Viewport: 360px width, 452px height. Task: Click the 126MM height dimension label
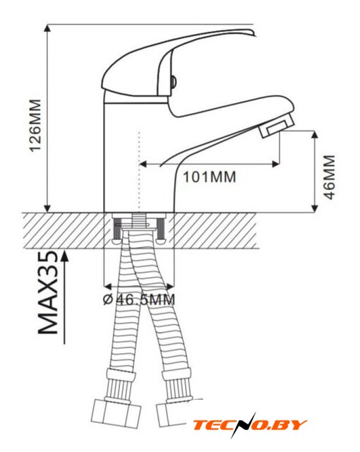pos(36,126)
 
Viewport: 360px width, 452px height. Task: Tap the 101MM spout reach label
pos(210,177)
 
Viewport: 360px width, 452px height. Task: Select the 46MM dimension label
pos(330,177)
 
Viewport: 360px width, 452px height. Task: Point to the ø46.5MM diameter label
pos(139,299)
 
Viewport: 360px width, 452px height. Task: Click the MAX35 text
pos(48,292)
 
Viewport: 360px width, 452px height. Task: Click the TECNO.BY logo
pos(250,425)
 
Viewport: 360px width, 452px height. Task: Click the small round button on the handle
pos(173,82)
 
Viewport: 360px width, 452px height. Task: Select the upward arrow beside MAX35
pos(65,297)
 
